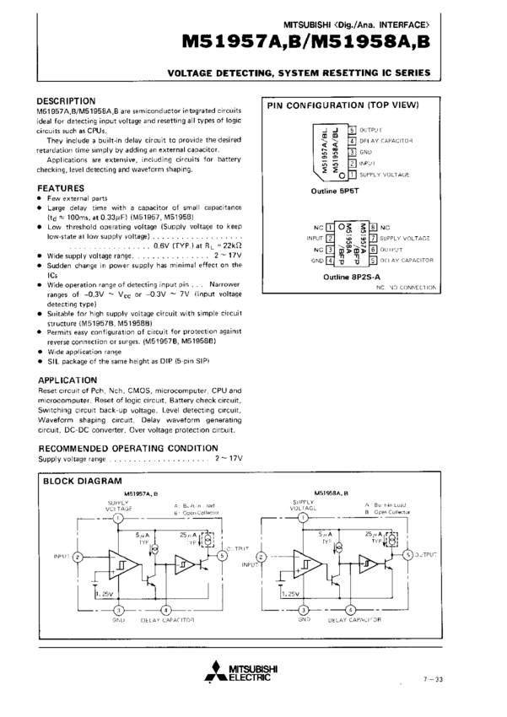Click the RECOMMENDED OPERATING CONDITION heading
point(128,448)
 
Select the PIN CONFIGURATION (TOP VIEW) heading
point(342,105)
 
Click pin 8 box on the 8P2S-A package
point(372,228)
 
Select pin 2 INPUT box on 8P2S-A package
point(330,239)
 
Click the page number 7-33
point(433,678)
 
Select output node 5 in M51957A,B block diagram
point(222,554)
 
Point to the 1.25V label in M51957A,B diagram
point(104,594)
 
